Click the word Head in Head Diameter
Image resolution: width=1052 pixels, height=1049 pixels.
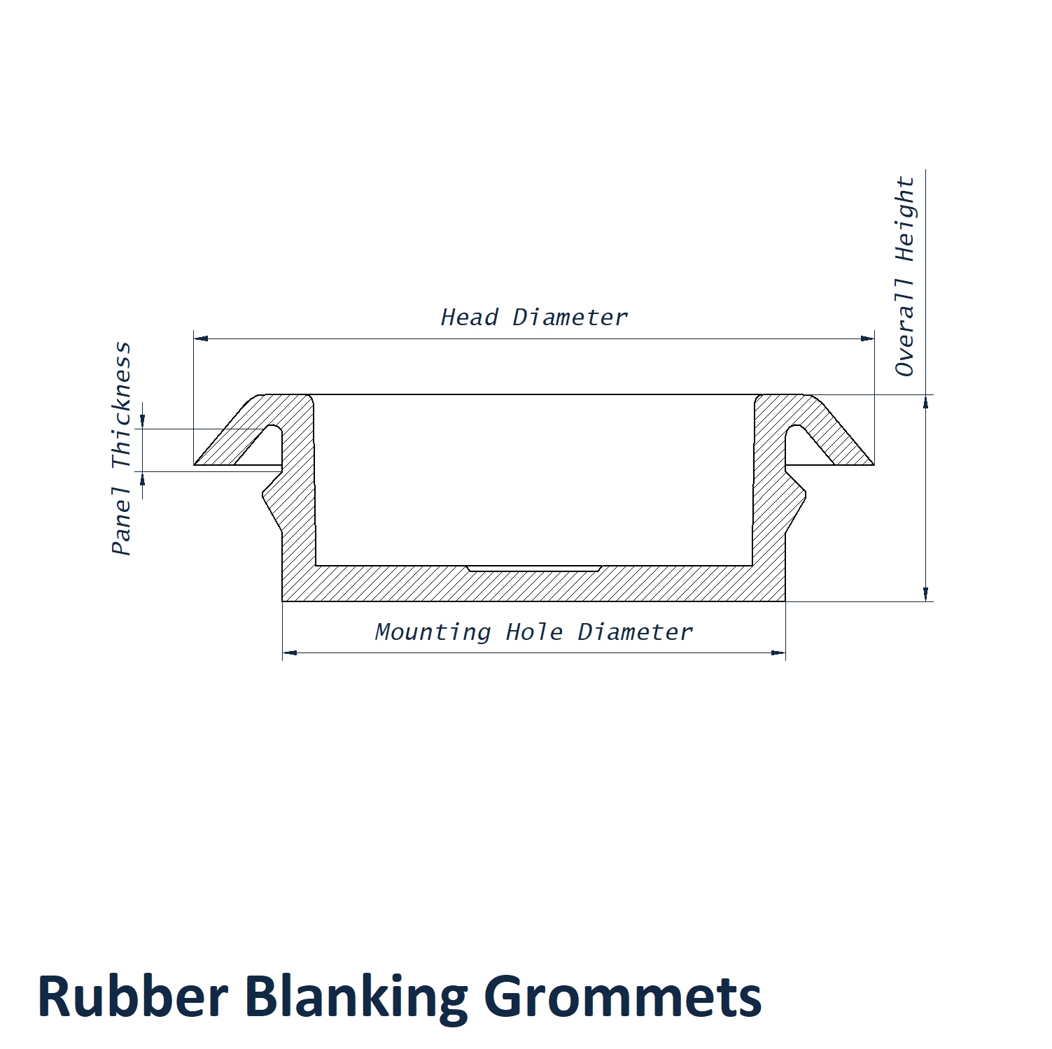469,317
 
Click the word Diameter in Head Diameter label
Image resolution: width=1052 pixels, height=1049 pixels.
570,317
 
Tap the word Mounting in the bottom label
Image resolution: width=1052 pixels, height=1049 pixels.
433,632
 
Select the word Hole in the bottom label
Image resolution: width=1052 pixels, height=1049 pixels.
534,632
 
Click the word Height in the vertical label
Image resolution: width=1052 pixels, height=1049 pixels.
904,219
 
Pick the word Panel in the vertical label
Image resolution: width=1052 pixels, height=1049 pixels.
121,520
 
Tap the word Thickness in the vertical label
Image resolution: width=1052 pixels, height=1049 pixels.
121,406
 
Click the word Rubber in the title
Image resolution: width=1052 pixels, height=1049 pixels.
132,996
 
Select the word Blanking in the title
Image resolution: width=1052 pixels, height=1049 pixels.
356,997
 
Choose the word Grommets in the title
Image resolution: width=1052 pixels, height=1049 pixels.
622,996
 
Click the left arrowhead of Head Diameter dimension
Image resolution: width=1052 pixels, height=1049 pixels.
201,338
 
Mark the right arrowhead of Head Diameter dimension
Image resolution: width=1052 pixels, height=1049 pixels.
867,338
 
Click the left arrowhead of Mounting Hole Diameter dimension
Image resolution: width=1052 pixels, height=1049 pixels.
290,652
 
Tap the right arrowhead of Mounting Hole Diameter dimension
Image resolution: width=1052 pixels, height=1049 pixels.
778,652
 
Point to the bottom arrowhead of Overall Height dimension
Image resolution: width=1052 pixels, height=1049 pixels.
925,594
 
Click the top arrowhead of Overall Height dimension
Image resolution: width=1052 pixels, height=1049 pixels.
925,402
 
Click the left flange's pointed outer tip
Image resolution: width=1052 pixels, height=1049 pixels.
196,464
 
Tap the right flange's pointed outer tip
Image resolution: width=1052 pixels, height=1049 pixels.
872,464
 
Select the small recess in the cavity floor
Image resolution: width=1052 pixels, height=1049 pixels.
533,568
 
